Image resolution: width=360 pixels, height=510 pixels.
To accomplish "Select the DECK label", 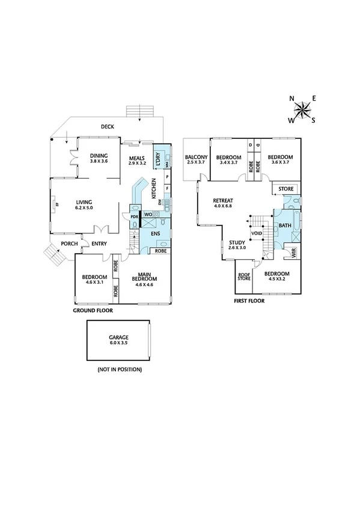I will point(107,126).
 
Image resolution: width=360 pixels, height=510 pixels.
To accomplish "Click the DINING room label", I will point(98,158).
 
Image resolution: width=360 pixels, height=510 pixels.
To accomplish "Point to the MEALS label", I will point(138,159).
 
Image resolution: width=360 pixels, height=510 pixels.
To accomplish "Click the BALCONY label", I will point(197,159).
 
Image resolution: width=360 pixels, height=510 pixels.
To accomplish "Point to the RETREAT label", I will point(223,203).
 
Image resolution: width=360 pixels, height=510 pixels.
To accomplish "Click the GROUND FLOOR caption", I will point(93,312).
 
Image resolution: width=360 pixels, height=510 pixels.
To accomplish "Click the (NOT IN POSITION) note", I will point(119,369).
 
